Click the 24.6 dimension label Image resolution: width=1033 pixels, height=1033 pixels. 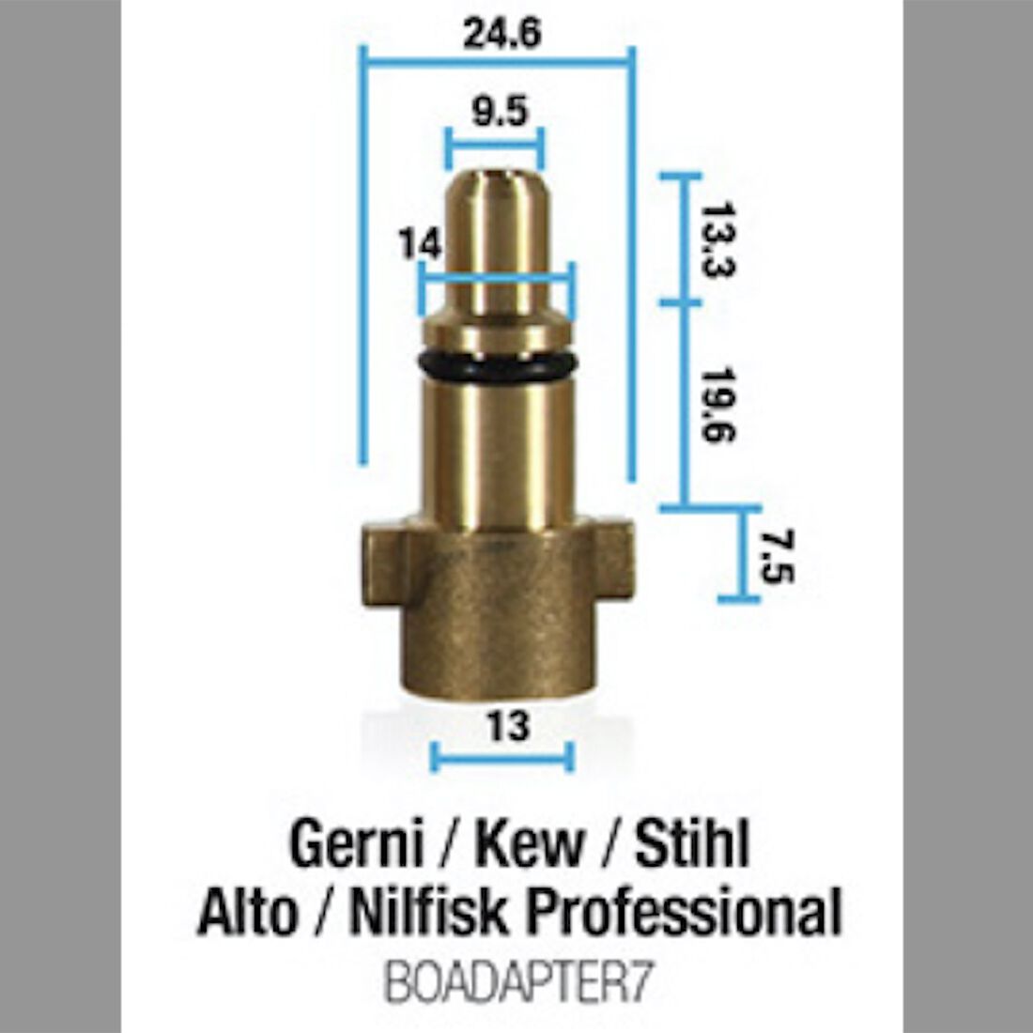[501, 34]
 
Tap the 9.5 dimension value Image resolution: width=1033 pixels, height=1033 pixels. [500, 113]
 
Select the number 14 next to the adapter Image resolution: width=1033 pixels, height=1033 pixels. [419, 244]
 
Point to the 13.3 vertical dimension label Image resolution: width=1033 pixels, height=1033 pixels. [718, 239]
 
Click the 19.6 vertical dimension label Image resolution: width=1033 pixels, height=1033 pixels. [718, 404]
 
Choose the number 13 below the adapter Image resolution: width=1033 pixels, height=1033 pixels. [508, 726]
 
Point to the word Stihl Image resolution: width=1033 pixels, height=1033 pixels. [692, 844]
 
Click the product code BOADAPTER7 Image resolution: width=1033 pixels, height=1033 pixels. [517, 985]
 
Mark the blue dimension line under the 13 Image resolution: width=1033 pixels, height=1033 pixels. [501, 757]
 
